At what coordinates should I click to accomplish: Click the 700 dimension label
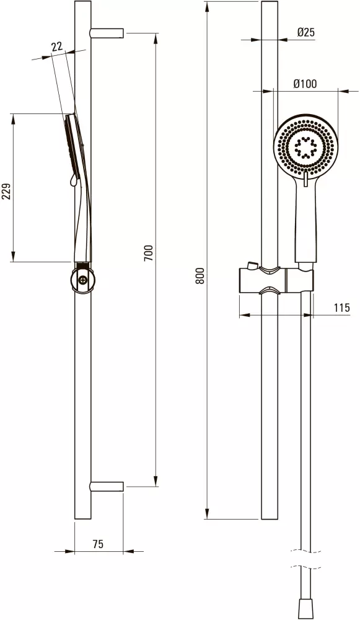(x=148, y=253)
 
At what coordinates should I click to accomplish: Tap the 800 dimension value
(x=200, y=276)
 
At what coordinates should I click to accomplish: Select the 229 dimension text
(x=7, y=192)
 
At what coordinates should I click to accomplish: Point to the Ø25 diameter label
(x=306, y=32)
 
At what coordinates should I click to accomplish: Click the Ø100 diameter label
(x=305, y=84)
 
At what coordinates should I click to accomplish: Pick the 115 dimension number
(x=342, y=308)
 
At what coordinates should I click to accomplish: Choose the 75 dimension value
(x=98, y=544)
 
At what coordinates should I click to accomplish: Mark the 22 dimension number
(x=57, y=46)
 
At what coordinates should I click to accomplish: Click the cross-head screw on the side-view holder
(x=82, y=280)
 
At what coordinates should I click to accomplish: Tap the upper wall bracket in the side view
(x=107, y=33)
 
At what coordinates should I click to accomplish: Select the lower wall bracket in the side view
(x=107, y=486)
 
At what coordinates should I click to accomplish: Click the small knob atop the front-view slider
(x=251, y=265)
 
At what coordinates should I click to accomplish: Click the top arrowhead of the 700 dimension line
(x=156, y=38)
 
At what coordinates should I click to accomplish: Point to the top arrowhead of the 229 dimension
(x=13, y=119)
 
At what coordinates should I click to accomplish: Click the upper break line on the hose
(x=305, y=551)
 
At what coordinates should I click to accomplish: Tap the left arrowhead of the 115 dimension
(x=245, y=315)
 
